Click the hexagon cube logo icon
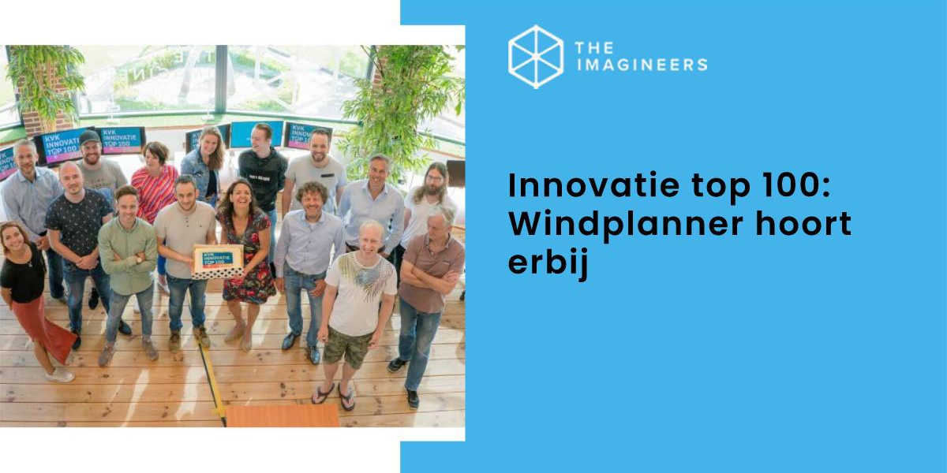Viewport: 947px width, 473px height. coord(536,57)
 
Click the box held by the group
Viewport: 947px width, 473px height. coord(218,260)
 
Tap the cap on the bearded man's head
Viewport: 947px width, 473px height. coord(90,137)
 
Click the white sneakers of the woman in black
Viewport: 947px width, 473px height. coord(59,374)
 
